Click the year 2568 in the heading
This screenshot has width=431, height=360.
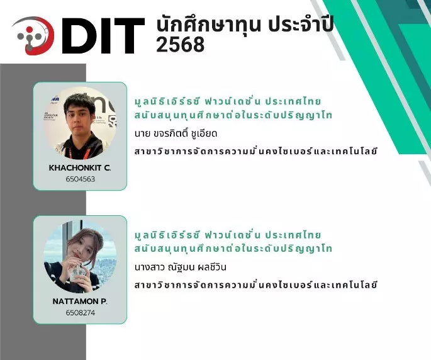pyautogui.click(x=181, y=44)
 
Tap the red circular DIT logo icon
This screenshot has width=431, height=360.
pyautogui.click(x=33, y=35)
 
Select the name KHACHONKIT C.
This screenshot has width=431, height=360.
pyautogui.click(x=80, y=167)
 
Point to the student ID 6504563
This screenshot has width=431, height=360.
pyautogui.click(x=81, y=179)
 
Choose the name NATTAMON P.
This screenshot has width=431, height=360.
pyautogui.click(x=80, y=301)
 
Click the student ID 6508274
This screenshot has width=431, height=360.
pyautogui.click(x=81, y=313)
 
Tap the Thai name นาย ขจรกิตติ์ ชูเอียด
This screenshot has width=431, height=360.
pyautogui.click(x=176, y=133)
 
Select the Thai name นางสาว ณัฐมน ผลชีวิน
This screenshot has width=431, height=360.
pyautogui.click(x=181, y=267)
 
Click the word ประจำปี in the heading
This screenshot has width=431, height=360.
pyautogui.click(x=301, y=24)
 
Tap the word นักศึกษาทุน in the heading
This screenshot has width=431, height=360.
pyautogui.click(x=208, y=25)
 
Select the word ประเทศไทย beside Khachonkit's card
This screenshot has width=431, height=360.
pyautogui.click(x=293, y=101)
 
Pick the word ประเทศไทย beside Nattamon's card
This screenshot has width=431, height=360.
pyautogui.click(x=293, y=235)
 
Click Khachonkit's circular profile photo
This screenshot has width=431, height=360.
pyautogui.click(x=80, y=123)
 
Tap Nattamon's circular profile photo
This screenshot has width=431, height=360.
pyautogui.click(x=80, y=257)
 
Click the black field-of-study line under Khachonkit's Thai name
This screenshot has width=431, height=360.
pyautogui.click(x=255, y=150)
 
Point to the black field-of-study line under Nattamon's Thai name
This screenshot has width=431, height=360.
pyautogui.click(x=255, y=284)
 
